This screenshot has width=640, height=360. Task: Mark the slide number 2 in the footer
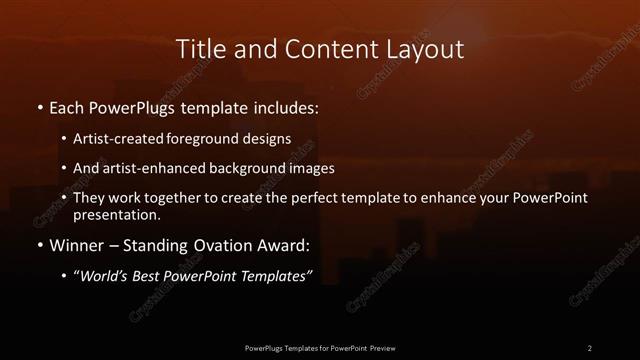click(x=589, y=347)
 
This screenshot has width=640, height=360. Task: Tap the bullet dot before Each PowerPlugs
click(x=38, y=106)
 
